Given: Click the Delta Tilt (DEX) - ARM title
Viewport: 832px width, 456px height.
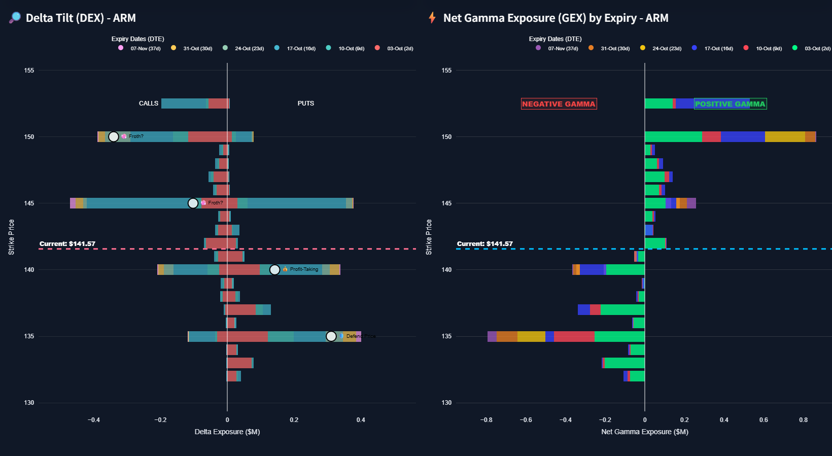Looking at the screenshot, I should tap(81, 18).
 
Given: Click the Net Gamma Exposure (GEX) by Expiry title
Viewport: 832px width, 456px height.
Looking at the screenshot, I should tap(556, 18).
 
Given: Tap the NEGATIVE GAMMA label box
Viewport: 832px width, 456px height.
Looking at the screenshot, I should tap(559, 104).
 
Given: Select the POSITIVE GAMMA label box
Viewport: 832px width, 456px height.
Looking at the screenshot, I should tap(730, 104).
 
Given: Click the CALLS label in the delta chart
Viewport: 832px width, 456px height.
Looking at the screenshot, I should tap(149, 103).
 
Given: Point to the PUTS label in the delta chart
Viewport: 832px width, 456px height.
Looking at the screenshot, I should tap(305, 103).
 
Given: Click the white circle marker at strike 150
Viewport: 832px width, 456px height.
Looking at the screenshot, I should tap(114, 137).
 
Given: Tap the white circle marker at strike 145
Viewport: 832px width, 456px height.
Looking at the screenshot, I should tap(193, 203).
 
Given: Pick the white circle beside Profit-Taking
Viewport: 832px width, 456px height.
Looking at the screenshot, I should tap(274, 270).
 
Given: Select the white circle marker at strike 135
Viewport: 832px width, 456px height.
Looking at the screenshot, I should tap(331, 336).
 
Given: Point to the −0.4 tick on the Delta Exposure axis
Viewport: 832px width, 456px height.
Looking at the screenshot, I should tap(94, 420).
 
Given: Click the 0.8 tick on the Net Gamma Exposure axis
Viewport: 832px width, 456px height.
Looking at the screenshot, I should tap(804, 420).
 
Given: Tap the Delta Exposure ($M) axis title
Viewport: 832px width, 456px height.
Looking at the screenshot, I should tap(227, 432).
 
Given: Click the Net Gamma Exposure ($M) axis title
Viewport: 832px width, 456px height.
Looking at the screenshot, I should tap(645, 432).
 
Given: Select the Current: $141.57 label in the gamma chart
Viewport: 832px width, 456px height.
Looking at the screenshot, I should tap(485, 244).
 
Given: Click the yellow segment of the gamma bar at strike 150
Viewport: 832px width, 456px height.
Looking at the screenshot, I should tap(785, 137).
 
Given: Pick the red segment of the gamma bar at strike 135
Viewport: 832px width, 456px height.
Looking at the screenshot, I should tap(574, 336).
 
